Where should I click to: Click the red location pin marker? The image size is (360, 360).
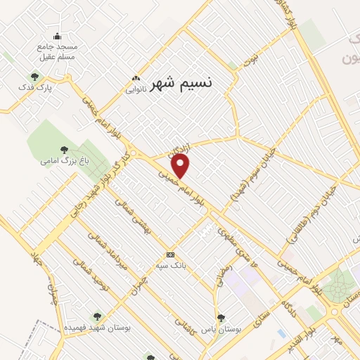pyautogui.click(x=181, y=166)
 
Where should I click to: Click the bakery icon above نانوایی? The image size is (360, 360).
pyautogui.click(x=136, y=79)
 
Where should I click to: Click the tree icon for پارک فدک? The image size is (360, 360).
pyautogui.click(x=34, y=76)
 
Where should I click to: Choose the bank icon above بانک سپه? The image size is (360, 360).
pyautogui.click(x=169, y=254)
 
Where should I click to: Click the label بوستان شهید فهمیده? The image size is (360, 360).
pyautogui.click(x=96, y=328)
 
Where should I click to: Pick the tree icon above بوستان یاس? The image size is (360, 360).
pyautogui.click(x=221, y=318)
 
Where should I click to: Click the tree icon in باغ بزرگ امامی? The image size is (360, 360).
pyautogui.click(x=65, y=148)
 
